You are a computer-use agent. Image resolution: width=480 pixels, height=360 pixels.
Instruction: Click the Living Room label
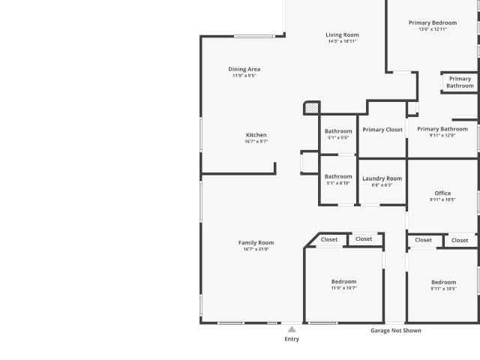coord(342,35)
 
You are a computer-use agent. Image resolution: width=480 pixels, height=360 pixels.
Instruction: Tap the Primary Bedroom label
coord(433,23)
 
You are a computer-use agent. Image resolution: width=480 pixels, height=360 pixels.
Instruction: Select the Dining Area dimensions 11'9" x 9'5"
coord(244,76)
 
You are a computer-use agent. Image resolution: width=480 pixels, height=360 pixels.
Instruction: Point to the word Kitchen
coord(256,135)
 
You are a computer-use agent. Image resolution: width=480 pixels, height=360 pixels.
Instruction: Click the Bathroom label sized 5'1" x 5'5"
coord(338,131)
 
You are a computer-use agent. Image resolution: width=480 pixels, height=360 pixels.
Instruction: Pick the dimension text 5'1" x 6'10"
coord(338,183)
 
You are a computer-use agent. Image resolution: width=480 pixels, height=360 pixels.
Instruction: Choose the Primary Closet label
coord(382,130)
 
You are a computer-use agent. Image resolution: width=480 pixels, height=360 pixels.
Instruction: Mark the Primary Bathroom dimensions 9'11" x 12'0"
coord(442,135)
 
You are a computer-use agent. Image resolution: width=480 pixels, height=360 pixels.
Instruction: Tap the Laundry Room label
coord(382,178)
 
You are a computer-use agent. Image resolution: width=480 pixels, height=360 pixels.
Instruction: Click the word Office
coord(442,193)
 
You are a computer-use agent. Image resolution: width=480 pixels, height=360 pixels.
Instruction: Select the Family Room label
coord(256,243)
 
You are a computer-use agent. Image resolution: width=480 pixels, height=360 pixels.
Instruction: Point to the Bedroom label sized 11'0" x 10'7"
coord(343,282)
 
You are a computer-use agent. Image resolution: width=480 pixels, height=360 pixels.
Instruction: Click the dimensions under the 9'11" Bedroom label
coord(443,289)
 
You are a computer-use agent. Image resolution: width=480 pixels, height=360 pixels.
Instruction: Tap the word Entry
coord(292,339)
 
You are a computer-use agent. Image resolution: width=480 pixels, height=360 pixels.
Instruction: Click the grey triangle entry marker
coord(292,329)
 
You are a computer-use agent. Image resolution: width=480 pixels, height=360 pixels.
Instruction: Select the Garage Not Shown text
coord(396,331)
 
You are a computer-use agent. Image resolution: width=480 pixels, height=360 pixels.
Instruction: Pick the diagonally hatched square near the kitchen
coord(312,108)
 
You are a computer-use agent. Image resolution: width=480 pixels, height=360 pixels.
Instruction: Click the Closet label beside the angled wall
coord(329,240)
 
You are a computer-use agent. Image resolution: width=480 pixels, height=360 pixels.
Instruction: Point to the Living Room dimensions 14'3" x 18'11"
coord(342,41)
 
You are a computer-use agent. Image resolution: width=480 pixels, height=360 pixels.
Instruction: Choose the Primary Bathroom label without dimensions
coord(460,82)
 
